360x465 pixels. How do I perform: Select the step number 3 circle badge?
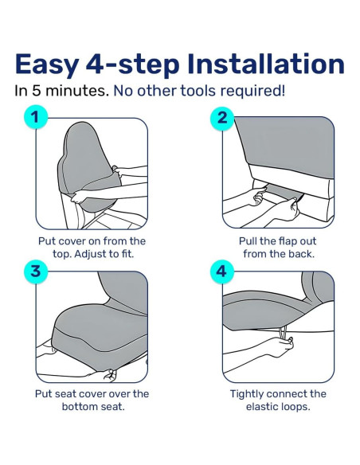tap(33, 271)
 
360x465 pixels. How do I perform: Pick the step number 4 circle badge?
tap(222, 271)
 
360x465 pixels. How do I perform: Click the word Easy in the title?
tap(53, 64)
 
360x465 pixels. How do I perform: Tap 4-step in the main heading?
tap(135, 64)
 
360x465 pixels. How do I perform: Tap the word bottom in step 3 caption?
tap(82, 406)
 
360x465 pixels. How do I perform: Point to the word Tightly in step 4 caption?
tap(249, 393)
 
